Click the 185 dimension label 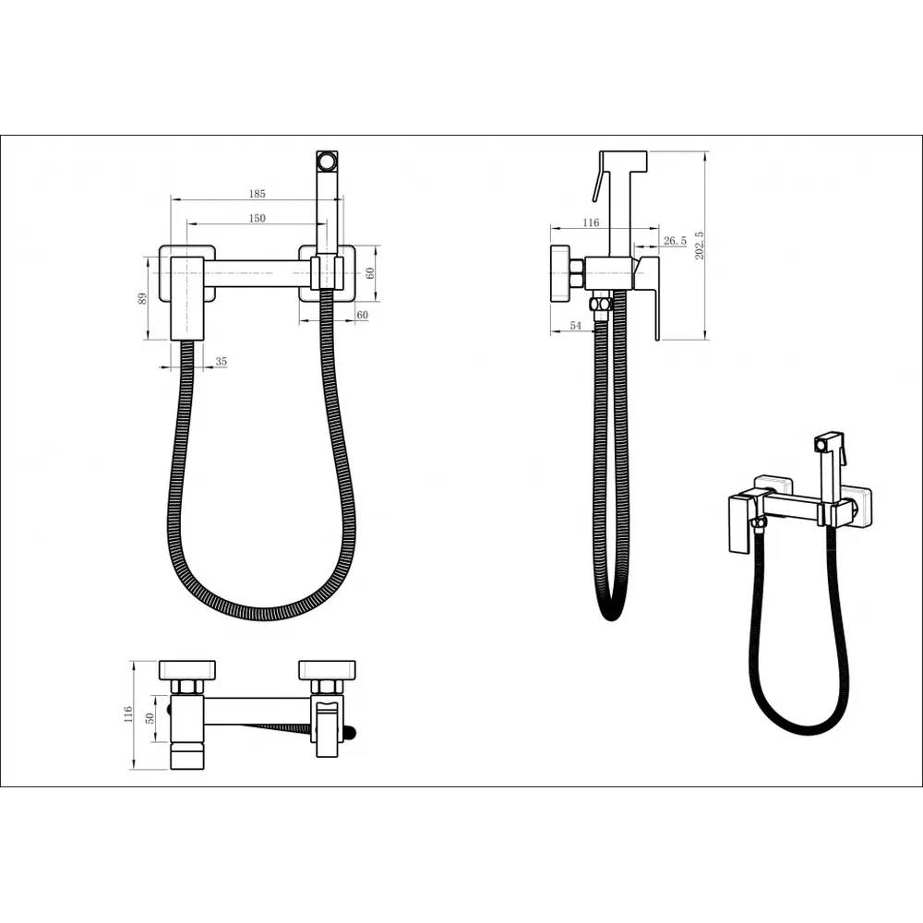coord(258,194)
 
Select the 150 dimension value coord(258,219)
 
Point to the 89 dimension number coord(142,298)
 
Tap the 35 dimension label coord(221,362)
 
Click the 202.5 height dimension coord(700,246)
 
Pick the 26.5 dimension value coord(675,240)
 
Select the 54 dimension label coord(575,326)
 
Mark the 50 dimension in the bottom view coord(150,718)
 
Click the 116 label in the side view coord(591,222)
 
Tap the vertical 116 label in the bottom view coord(127,714)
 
